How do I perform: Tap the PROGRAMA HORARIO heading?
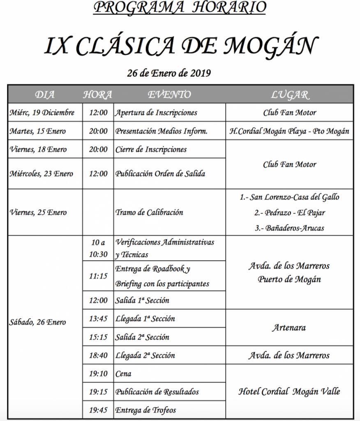point(180,7)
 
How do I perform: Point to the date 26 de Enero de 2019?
point(169,74)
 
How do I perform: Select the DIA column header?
point(45,95)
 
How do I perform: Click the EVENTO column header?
point(169,95)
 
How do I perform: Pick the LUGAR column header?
point(289,95)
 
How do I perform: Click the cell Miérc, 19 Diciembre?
point(42,113)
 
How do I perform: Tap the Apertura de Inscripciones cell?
point(156,113)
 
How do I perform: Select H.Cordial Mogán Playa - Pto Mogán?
point(289,131)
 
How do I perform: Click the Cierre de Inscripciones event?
point(151,149)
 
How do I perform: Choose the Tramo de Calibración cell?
point(149,213)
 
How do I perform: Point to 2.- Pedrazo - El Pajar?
point(289,213)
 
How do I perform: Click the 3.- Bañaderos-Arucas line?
point(289,228)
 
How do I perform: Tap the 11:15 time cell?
point(98,276)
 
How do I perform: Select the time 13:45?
point(98,319)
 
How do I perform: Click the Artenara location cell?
point(289,328)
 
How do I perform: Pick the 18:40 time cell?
point(98,355)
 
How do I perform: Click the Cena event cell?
point(123,374)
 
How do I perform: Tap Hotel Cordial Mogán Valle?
point(289,391)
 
